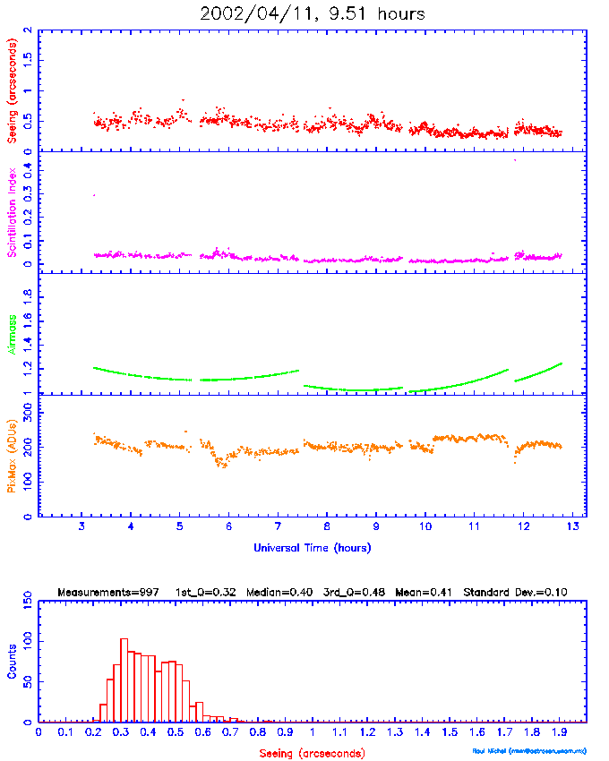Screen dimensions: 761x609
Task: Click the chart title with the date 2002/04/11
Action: tap(313, 13)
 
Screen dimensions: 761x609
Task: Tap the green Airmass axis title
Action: tap(13, 334)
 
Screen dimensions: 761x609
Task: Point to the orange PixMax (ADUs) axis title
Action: tap(13, 454)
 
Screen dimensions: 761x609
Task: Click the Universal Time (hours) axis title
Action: tap(312, 547)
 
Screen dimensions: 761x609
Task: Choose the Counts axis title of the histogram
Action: tap(13, 660)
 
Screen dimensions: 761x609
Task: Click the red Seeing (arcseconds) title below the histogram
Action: tap(312, 753)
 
